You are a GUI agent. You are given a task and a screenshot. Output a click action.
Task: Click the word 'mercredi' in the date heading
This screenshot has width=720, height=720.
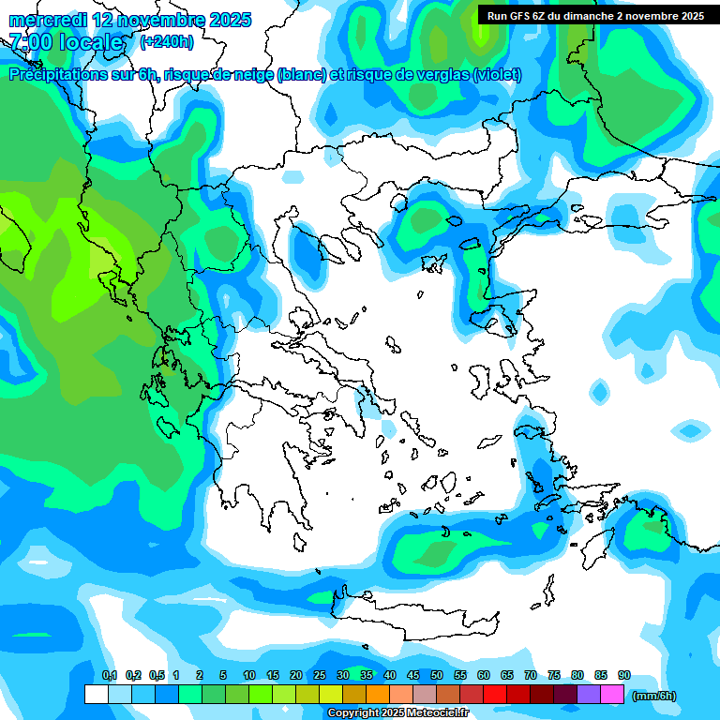(48, 20)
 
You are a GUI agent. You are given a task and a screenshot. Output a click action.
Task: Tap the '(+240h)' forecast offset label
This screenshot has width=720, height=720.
(167, 41)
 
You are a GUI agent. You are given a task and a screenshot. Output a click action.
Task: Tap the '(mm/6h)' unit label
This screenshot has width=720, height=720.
(653, 696)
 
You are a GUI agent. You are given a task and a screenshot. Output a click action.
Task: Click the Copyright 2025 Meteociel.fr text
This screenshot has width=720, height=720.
(398, 713)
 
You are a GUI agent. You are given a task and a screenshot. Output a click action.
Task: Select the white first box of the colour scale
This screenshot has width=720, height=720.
(96, 694)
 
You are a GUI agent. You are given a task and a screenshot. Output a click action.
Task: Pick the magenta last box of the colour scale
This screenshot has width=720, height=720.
(612, 694)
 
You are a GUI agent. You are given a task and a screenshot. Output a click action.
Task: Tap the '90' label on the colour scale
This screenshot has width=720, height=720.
(624, 675)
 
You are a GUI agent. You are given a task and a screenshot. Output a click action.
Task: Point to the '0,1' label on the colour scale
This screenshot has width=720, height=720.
(109, 675)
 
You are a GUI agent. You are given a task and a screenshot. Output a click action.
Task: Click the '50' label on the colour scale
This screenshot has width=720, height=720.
(437, 675)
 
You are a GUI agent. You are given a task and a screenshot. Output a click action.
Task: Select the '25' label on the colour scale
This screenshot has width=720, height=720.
(320, 675)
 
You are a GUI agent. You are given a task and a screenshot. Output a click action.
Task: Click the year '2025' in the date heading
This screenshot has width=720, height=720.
(226, 20)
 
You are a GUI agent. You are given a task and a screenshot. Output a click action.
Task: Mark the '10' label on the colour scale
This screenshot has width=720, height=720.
(249, 675)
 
